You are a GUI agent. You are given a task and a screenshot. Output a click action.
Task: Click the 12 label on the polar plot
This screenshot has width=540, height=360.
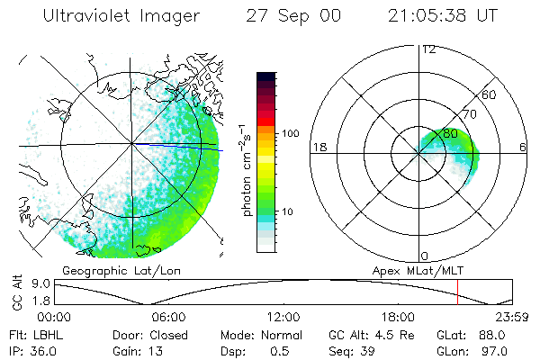[x=428, y=49]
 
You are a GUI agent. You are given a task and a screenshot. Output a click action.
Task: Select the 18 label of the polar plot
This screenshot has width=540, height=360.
[x=318, y=148]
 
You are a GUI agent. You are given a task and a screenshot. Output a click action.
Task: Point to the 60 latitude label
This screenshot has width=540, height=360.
[x=490, y=94]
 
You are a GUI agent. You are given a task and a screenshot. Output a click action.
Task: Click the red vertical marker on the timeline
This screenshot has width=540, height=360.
[x=458, y=292]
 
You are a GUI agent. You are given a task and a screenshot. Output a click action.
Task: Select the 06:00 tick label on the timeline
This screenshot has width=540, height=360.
[x=168, y=317]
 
